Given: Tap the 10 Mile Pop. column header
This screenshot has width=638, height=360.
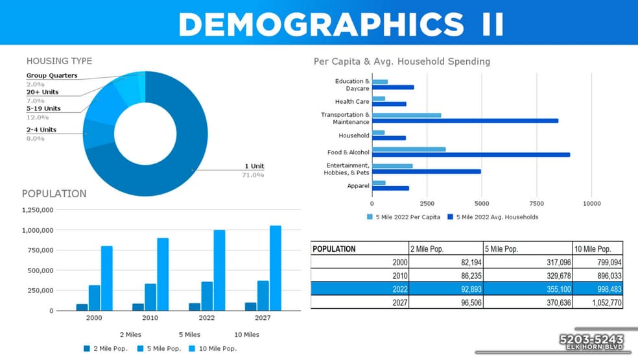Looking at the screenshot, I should (x=593, y=249).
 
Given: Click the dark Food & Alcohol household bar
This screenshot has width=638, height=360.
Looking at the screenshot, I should (x=471, y=154).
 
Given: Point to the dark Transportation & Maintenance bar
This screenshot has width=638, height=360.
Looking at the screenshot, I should (x=465, y=121).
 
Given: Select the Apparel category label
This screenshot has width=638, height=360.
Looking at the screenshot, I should (x=358, y=186).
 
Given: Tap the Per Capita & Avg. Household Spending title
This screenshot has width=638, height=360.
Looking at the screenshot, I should (x=402, y=62).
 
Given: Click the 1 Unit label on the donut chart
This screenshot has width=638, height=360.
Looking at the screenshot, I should (x=254, y=166).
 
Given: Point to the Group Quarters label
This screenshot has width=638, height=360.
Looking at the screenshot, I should (x=52, y=75).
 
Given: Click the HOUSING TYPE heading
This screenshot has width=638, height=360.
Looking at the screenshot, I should (x=59, y=61).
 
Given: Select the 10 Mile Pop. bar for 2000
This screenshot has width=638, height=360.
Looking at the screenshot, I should (x=107, y=278).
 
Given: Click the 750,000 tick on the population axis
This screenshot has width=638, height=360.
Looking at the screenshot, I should (x=37, y=250).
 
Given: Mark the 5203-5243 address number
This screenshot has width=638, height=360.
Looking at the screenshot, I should (x=591, y=339).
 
